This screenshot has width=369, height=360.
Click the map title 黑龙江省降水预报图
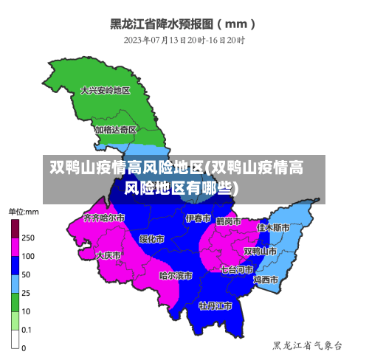point(184,23)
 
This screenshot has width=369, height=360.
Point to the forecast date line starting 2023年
point(184,39)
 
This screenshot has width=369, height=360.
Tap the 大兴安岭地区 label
point(105,91)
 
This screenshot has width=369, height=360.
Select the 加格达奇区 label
point(115,129)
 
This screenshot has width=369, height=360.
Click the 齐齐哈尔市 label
point(104,218)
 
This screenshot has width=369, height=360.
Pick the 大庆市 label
point(108,255)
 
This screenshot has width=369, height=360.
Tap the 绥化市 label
point(151,239)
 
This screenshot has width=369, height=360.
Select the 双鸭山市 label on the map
point(260,251)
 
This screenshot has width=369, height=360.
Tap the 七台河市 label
point(236,269)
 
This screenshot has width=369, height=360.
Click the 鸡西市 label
point(265,280)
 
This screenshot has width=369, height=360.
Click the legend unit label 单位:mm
point(24,212)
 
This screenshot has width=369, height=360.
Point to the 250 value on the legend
point(28,238)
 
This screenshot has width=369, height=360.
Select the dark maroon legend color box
point(15,229)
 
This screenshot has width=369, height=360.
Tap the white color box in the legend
point(15,339)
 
